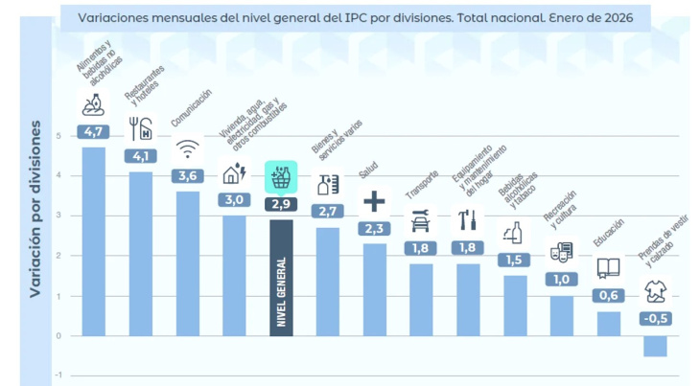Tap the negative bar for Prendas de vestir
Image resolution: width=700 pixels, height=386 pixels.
655,346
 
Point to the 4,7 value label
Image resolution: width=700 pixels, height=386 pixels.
94,131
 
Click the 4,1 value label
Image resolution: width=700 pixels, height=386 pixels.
141,156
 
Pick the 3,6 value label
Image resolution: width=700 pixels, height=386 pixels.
188,176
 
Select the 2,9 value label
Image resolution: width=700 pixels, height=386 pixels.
281,204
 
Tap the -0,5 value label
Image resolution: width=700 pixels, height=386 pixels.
655,319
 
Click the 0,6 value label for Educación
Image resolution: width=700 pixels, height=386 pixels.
608,296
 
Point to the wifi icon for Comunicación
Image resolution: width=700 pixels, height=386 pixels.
188,149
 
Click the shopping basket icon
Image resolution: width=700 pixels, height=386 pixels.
281,177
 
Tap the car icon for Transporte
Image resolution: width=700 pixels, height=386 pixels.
421,221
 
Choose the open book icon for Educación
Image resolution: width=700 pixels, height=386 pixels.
608,269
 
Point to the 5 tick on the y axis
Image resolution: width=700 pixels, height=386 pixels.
58,136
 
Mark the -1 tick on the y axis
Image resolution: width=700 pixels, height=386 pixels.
58,375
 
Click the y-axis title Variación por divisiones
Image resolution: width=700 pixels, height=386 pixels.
35,209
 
